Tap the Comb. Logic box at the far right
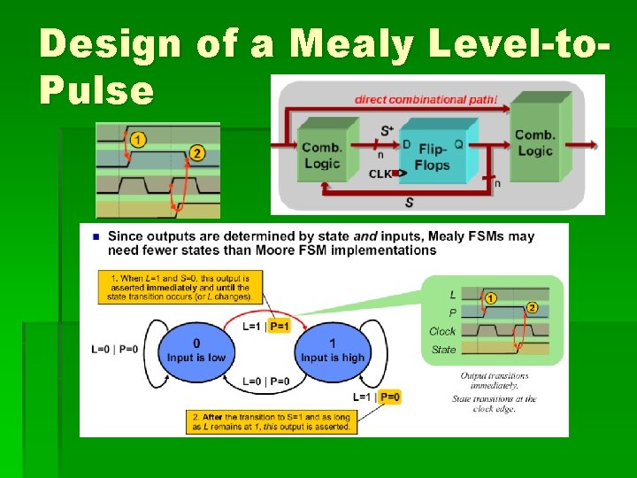tap(534, 143)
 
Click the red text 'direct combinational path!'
tap(426, 99)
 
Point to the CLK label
tap(380, 174)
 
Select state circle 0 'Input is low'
tap(196, 351)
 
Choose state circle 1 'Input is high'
tap(332, 351)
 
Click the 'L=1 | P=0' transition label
tap(377, 397)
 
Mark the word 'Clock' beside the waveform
tap(442, 331)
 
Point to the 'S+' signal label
tap(388, 131)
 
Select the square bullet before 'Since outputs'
tap(95, 236)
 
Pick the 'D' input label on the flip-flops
tap(406, 143)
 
